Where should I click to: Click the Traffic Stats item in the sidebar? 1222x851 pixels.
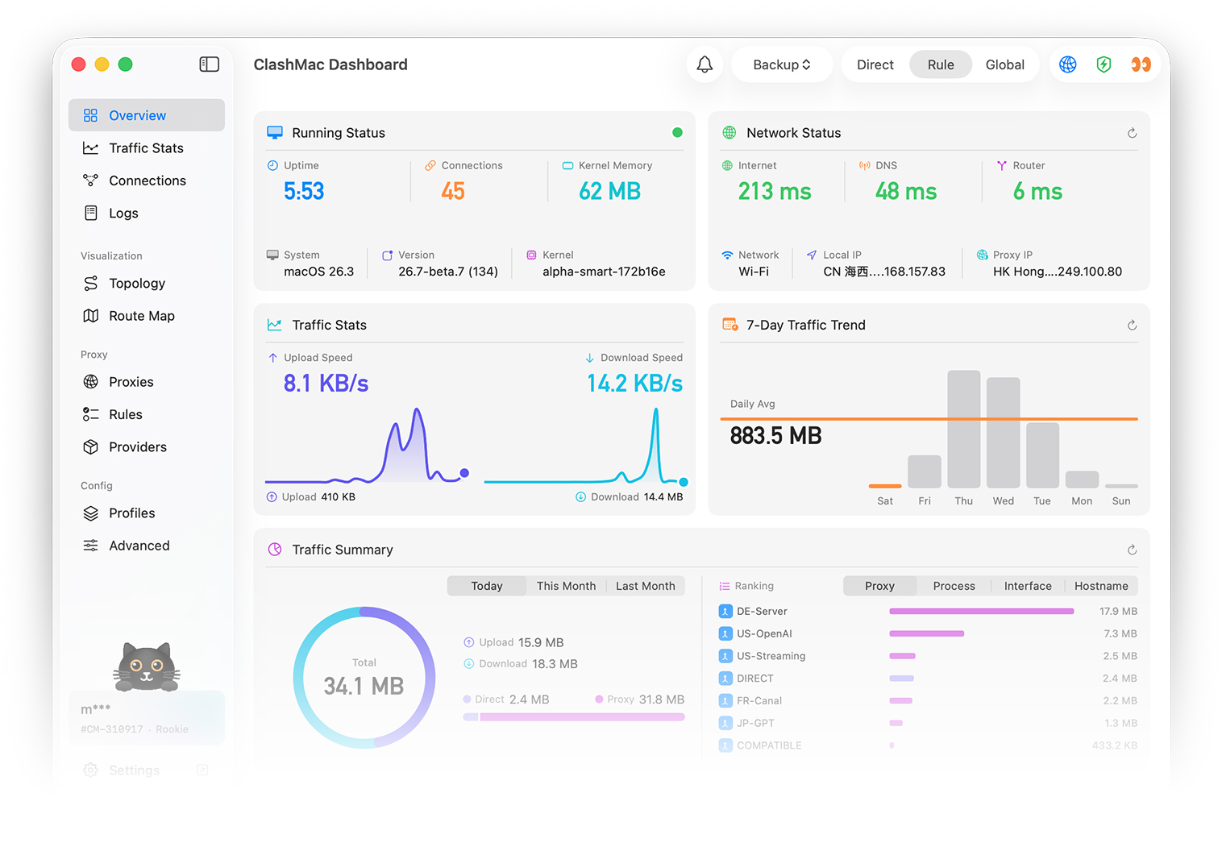pyautogui.click(x=146, y=148)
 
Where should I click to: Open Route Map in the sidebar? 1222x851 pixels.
pyautogui.click(x=141, y=316)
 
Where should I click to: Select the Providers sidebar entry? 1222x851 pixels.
pyautogui.click(x=137, y=447)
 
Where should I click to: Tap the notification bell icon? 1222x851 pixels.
pyautogui.click(x=705, y=64)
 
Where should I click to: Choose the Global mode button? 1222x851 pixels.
pyautogui.click(x=1004, y=65)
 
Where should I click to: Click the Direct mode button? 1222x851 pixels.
pyautogui.click(x=875, y=65)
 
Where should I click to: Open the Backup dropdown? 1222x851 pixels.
pyautogui.click(x=781, y=65)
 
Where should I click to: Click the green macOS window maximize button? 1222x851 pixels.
pyautogui.click(x=126, y=64)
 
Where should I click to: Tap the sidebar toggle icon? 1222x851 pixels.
pyautogui.click(x=209, y=64)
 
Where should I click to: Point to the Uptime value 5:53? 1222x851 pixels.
pyautogui.click(x=304, y=191)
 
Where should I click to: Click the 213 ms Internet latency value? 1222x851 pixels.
pyautogui.click(x=774, y=192)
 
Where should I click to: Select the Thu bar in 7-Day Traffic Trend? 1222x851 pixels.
pyautogui.click(x=963, y=429)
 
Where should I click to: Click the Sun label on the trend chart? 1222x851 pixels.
pyautogui.click(x=1120, y=501)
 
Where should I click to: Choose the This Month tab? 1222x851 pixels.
pyautogui.click(x=566, y=586)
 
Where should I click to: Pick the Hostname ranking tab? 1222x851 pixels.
pyautogui.click(x=1100, y=586)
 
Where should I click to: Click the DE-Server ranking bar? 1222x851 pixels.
pyautogui.click(x=981, y=612)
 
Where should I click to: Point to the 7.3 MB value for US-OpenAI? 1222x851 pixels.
pyautogui.click(x=1120, y=634)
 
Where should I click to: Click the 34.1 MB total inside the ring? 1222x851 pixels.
pyautogui.click(x=364, y=686)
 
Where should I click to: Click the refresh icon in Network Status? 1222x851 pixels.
pyautogui.click(x=1132, y=133)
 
